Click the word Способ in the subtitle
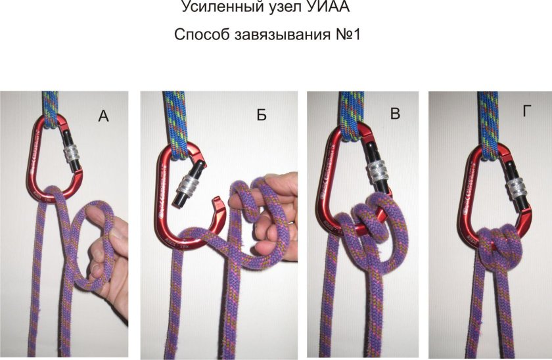click(202, 35)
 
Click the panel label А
click(103, 116)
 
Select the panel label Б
click(262, 116)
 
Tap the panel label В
click(395, 114)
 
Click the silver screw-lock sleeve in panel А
click(72, 155)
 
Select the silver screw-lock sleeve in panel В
click(378, 172)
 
